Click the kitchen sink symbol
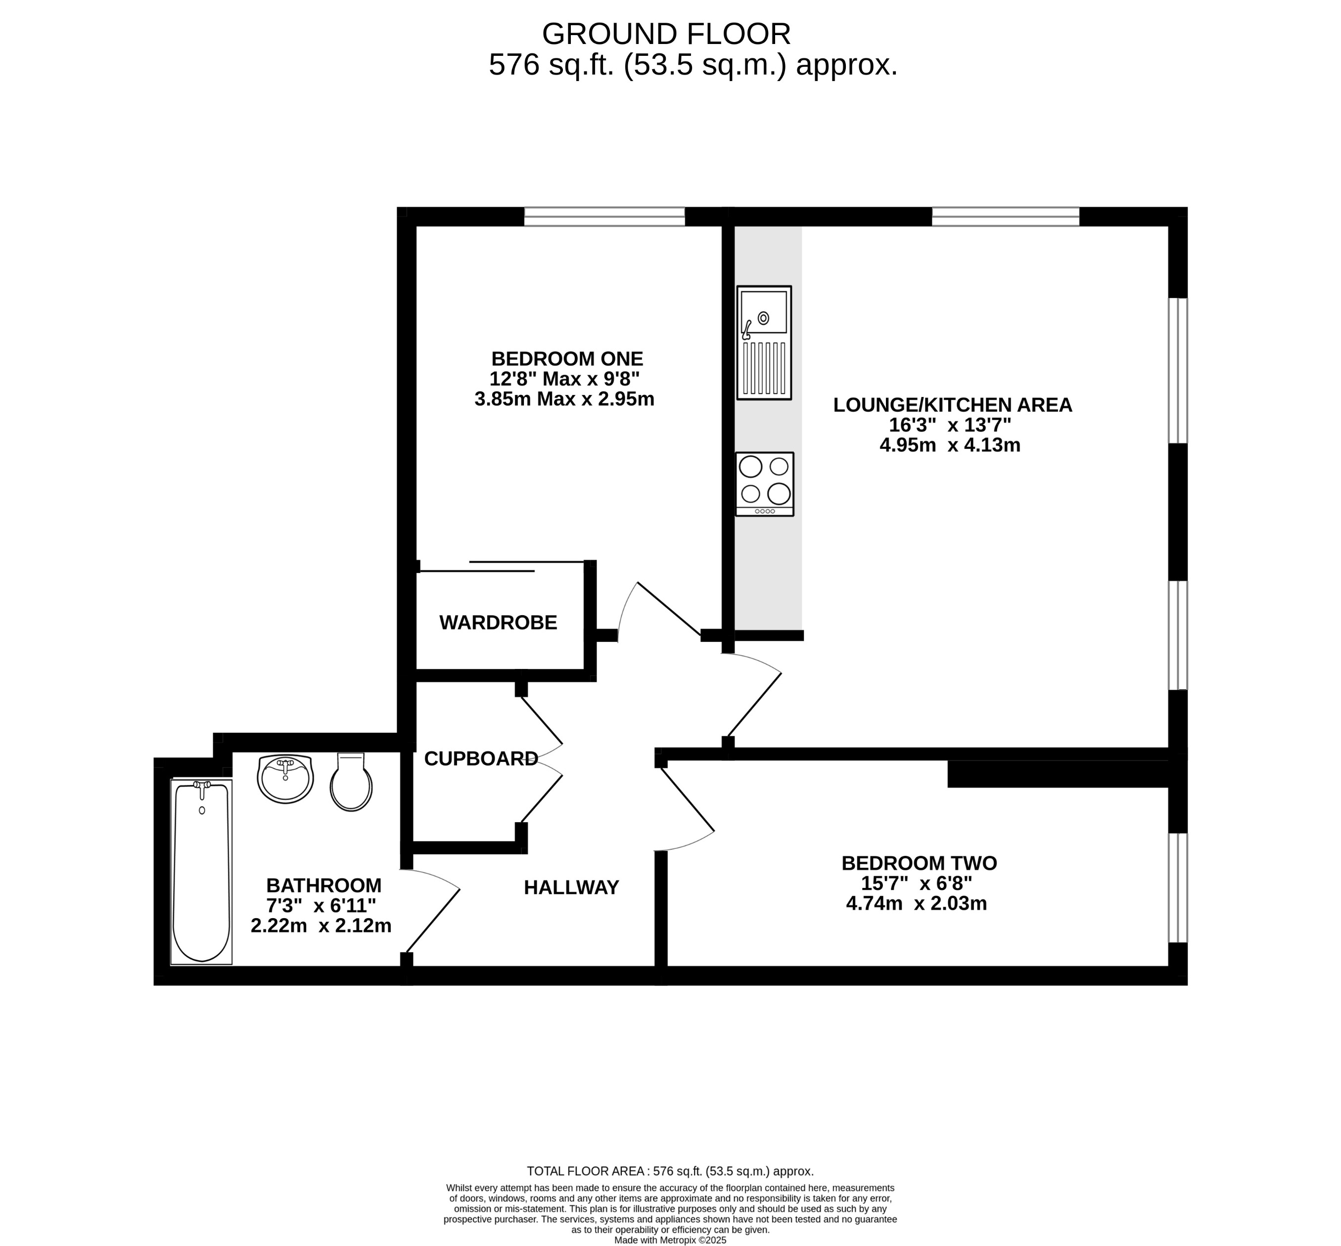click(764, 343)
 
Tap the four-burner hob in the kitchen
click(764, 484)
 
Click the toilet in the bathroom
click(351, 782)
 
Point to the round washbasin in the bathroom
click(285, 779)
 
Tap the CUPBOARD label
click(481, 758)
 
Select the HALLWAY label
click(571, 888)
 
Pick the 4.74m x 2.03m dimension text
click(916, 903)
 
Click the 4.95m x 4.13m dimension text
click(950, 445)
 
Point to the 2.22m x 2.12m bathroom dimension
click(321, 926)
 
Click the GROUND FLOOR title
click(666, 34)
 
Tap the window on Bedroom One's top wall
click(604, 217)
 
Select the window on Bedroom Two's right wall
click(1177, 888)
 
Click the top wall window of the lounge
click(1005, 217)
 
